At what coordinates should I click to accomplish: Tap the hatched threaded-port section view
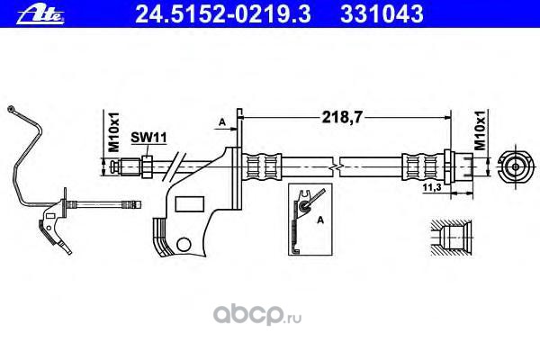[447, 238]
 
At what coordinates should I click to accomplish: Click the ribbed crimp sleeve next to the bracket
[264, 166]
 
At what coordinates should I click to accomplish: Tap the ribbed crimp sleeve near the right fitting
[418, 166]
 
